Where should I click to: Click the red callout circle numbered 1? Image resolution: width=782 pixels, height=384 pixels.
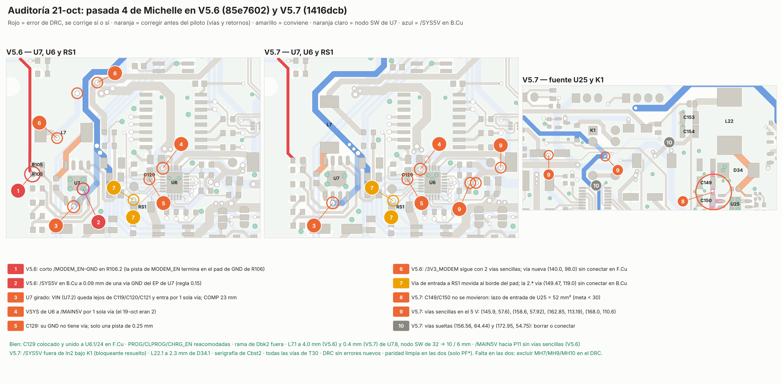click(x=18, y=191)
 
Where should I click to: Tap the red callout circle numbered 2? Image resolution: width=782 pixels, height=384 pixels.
click(x=98, y=222)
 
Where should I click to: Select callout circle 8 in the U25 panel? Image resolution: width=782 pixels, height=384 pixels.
click(x=683, y=201)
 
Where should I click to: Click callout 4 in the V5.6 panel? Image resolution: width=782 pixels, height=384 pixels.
click(x=181, y=144)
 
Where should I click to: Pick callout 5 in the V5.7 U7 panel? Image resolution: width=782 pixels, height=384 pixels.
click(x=421, y=203)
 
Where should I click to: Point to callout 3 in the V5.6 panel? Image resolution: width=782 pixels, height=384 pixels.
click(x=56, y=226)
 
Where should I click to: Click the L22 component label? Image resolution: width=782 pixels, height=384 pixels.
click(x=729, y=121)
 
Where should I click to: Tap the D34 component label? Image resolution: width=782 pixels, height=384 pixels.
click(x=738, y=170)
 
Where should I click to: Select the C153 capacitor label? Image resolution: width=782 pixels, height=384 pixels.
click(x=689, y=117)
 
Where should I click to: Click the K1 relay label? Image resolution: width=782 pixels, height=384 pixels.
click(x=593, y=130)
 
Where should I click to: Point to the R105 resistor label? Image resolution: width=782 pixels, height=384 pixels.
click(x=37, y=165)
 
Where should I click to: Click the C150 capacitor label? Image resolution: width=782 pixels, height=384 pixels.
click(x=706, y=201)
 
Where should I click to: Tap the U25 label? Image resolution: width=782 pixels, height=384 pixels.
click(x=735, y=204)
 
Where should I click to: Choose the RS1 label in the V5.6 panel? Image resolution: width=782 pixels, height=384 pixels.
click(x=142, y=207)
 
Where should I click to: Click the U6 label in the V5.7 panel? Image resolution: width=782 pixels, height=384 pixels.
click(x=432, y=182)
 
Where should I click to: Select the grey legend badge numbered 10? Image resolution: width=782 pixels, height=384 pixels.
click(x=401, y=326)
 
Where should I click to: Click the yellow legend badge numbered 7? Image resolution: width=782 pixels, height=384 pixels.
click(x=401, y=283)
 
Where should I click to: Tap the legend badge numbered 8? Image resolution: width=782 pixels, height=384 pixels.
click(x=401, y=297)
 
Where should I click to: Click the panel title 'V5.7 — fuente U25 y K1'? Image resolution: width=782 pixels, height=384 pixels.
click(x=563, y=80)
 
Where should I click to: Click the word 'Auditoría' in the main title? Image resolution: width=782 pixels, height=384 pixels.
click(x=29, y=10)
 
